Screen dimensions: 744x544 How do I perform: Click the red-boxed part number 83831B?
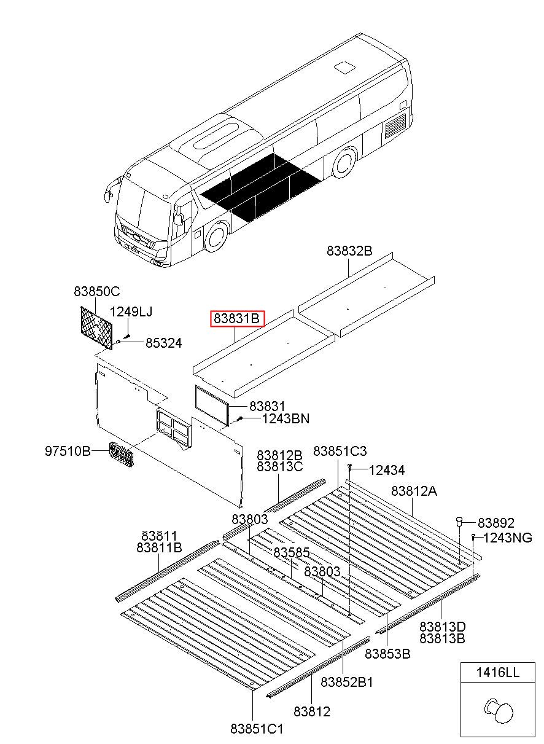point(238,319)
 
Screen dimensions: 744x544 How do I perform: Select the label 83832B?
point(349,251)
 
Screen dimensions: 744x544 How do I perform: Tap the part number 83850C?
point(96,291)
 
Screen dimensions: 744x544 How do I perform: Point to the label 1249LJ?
point(131,311)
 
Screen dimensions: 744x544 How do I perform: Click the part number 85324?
point(163,343)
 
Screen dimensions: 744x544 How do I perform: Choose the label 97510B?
point(68,452)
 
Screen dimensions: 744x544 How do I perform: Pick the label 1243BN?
point(286,418)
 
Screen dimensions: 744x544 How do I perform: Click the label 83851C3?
point(340,452)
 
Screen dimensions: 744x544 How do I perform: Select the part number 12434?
point(387,471)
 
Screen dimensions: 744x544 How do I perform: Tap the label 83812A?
point(414,491)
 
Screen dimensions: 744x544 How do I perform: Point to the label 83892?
point(496,523)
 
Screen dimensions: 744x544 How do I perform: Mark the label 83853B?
point(387,654)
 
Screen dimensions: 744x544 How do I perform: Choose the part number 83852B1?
point(347,682)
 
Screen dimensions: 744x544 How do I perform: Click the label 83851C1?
point(257,729)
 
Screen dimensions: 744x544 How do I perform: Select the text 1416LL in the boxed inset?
point(497,673)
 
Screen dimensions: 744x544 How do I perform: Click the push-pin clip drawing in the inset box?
point(498,711)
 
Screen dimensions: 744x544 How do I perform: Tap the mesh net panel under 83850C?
point(97,327)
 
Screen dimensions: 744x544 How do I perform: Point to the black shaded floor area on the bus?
point(260,187)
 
